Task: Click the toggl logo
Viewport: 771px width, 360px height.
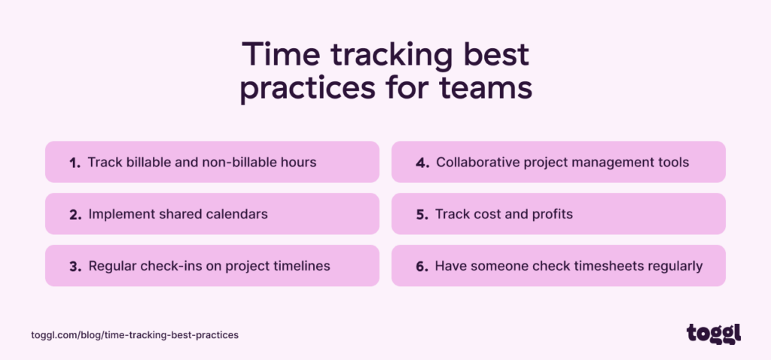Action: click(x=714, y=334)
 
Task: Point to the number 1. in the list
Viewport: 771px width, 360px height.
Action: click(x=75, y=163)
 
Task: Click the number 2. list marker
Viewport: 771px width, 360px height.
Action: click(x=75, y=215)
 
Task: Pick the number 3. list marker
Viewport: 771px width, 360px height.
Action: click(x=75, y=267)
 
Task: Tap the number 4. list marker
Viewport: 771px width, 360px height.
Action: click(x=422, y=163)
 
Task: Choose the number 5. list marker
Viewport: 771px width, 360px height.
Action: click(x=422, y=215)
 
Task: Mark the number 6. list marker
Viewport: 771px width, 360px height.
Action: click(x=422, y=267)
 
